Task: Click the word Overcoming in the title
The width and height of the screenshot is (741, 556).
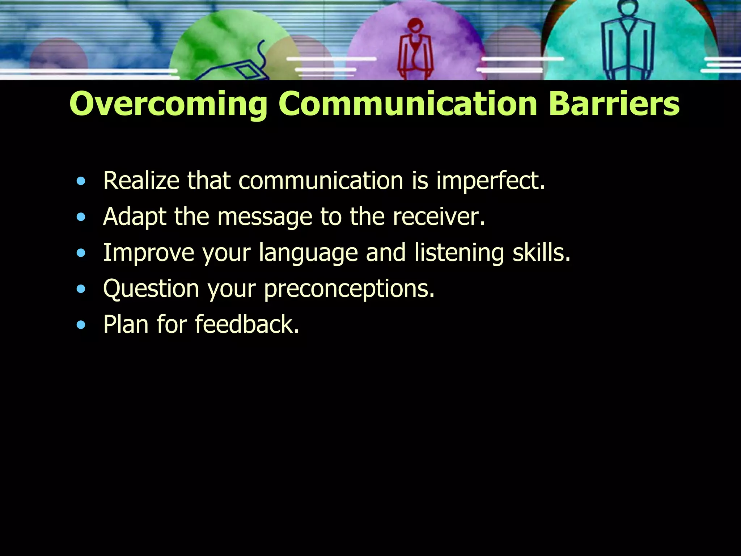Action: [x=168, y=104]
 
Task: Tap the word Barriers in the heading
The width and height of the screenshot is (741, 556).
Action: [x=614, y=104]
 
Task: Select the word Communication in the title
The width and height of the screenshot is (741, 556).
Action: [x=408, y=104]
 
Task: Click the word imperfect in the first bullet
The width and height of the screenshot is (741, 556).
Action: [x=490, y=181]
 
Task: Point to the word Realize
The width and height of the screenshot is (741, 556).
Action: [x=141, y=181]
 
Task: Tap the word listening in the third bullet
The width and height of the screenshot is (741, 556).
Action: [x=459, y=253]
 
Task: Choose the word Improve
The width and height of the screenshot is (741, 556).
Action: [x=149, y=253]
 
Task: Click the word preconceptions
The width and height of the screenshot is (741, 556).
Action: [x=349, y=289]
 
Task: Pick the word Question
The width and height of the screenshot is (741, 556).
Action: [x=151, y=289]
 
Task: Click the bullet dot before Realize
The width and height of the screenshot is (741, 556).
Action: [x=81, y=181]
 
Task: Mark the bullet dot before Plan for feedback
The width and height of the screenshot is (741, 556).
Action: [x=81, y=325]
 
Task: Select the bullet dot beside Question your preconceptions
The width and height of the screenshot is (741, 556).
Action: [x=81, y=289]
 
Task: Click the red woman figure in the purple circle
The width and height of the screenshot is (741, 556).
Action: [x=416, y=51]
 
